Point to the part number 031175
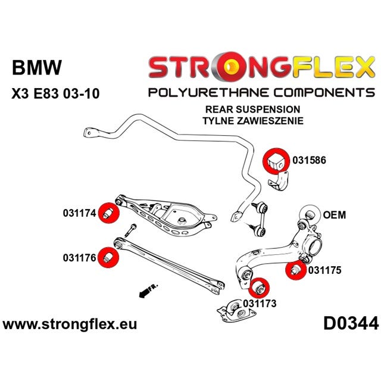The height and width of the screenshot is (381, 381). point(324,270)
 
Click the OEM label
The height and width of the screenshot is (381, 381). point(334,214)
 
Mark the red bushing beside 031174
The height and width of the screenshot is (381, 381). point(109,213)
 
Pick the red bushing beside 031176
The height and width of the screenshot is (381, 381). point(109,257)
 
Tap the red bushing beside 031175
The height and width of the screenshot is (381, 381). point(293,270)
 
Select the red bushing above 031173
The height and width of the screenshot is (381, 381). point(258,288)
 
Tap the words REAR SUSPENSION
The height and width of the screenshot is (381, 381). point(261,110)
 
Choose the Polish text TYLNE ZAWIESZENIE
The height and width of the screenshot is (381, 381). point(261,120)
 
